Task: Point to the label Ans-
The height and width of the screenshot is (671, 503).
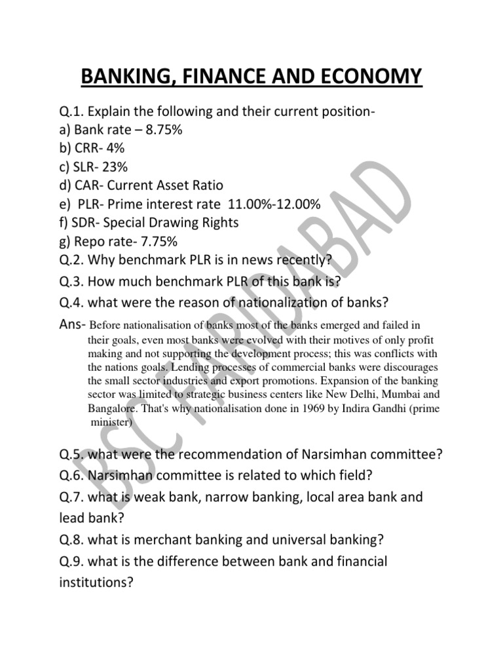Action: click(x=71, y=324)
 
